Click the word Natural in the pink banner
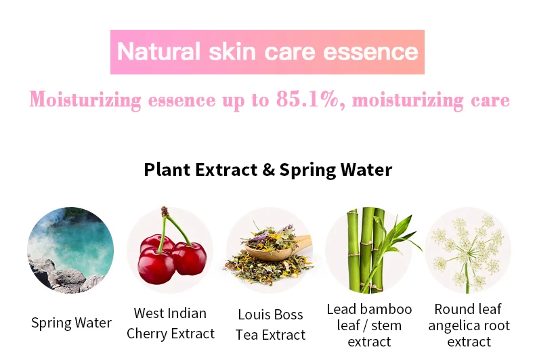point(158,52)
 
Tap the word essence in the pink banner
point(370,52)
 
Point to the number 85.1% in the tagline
point(307,99)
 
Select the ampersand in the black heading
point(269,169)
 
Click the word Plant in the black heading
point(167,169)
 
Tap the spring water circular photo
point(70,250)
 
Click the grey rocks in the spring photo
point(65,276)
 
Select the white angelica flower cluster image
point(468,250)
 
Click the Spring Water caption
point(71,323)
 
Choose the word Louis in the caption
point(253,314)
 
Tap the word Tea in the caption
point(247,335)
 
